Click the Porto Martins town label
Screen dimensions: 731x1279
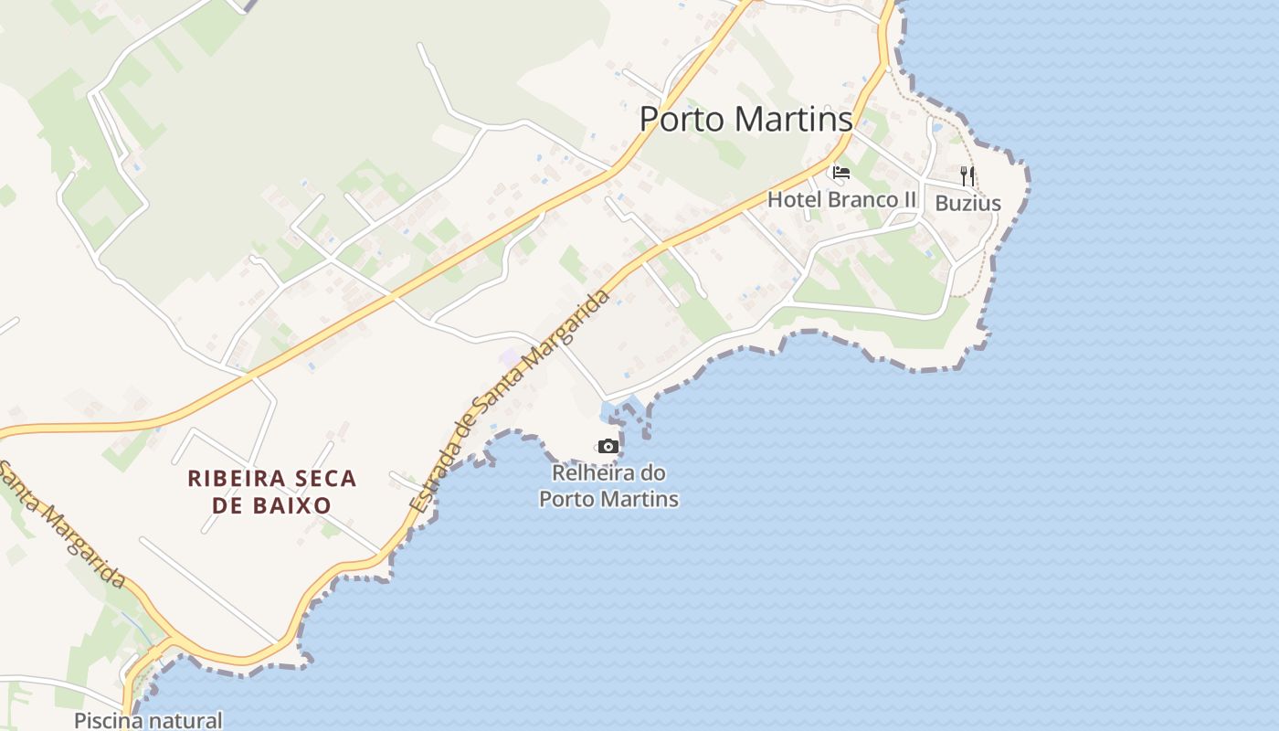[745, 119]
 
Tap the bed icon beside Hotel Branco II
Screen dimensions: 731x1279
[841, 172]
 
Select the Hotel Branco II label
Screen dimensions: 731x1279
[841, 199]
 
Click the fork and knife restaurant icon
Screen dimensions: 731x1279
[967, 175]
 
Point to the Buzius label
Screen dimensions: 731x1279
[967, 204]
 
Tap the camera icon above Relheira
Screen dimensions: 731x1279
[608, 446]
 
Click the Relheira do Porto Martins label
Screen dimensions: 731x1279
[608, 486]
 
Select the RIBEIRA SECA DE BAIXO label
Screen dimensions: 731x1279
[271, 491]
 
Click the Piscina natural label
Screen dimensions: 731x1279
[148, 720]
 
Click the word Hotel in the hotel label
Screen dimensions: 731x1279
[788, 199]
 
